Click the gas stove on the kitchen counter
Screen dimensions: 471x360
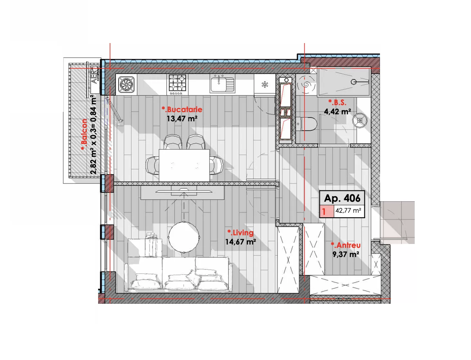[177, 85]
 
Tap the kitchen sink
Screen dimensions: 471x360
[222, 85]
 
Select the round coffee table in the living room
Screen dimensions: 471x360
[184, 237]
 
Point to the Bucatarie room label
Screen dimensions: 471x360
[182, 110]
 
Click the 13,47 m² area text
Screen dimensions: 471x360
[182, 119]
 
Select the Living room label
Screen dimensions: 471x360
[240, 233]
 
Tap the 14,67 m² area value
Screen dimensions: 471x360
[241, 242]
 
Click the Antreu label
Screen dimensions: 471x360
[346, 245]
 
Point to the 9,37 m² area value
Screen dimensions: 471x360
[346, 254]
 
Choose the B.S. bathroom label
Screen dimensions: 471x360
[337, 103]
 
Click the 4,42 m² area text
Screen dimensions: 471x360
[337, 112]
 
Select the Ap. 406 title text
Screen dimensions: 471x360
[342, 198]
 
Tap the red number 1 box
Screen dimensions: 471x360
[326, 212]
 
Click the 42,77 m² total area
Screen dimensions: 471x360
[348, 211]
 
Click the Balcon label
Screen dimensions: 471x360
[84, 135]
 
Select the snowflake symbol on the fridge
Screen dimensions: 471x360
[265, 85]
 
